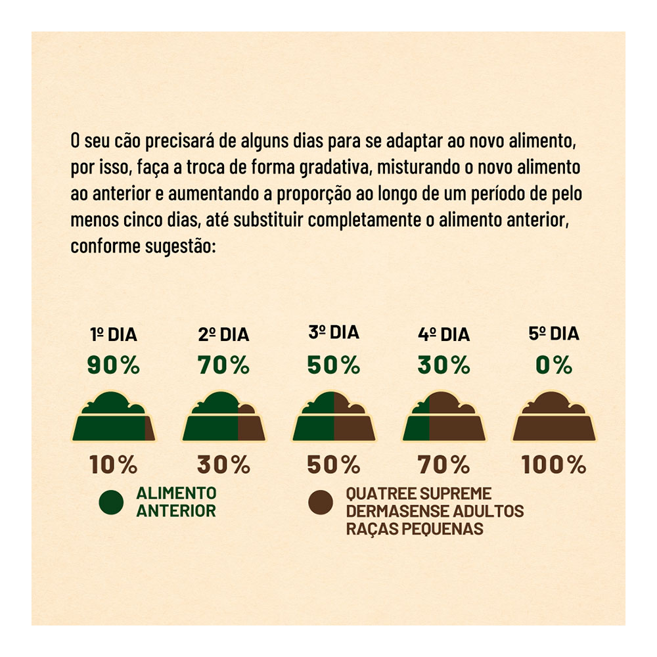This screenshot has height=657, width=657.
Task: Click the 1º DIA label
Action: coord(114,335)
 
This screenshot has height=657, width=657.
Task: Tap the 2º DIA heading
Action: coord(224,335)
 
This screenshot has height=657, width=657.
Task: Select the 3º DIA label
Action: coord(334,332)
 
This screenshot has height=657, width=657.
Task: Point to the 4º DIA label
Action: coord(443,335)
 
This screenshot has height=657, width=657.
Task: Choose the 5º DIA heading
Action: coord(554,334)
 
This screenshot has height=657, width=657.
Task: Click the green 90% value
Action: coord(114,365)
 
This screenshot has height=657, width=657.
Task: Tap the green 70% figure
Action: coord(224,365)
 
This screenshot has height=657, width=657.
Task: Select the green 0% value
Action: coord(554,365)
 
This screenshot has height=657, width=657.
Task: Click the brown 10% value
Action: coord(114,464)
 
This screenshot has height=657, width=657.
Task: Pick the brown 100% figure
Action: coord(554,464)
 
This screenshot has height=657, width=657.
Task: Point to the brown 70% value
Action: coord(443,464)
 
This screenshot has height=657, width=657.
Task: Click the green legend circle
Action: coord(112,503)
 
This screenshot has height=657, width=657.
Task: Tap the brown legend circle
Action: coord(321,503)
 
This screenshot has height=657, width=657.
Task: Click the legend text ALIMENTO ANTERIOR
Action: coord(176,502)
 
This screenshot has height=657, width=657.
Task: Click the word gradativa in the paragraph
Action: coord(335,168)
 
